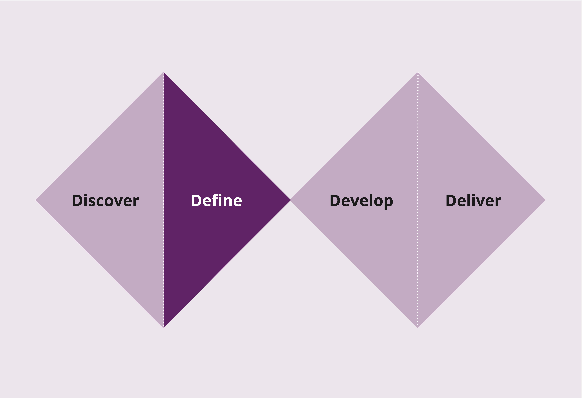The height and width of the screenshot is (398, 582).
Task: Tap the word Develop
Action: [x=361, y=201]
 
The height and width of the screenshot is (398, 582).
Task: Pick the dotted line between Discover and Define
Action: [x=164, y=200]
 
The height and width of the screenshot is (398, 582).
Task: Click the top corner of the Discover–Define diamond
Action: [x=164, y=72]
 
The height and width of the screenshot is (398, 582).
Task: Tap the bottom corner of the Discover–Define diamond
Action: [x=163, y=328]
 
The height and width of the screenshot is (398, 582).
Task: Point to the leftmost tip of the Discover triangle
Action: [x=35, y=200]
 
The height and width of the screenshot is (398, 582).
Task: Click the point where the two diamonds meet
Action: [x=290, y=200]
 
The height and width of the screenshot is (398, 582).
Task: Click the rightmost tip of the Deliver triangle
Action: [x=546, y=200]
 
